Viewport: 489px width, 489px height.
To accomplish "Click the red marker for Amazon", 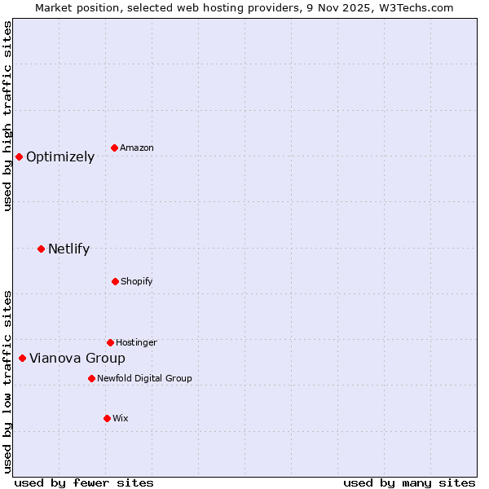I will [x=114, y=148].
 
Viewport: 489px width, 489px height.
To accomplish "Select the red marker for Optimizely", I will [x=19, y=156].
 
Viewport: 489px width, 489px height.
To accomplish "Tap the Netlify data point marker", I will [x=41, y=249].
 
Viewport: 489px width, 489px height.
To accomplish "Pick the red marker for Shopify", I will [x=115, y=281].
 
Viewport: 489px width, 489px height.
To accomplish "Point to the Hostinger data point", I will [x=110, y=342].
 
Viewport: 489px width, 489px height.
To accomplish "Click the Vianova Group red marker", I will [x=22, y=358].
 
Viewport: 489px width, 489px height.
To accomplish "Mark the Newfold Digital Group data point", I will [x=91, y=378].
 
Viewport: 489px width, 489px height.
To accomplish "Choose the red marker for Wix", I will [x=107, y=418].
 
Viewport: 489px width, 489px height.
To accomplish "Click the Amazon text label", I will [x=137, y=148].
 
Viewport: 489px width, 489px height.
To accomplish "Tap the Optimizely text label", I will [x=60, y=157].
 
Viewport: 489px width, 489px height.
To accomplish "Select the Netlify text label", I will [x=68, y=249].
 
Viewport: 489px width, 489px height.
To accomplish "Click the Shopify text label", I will [x=136, y=281].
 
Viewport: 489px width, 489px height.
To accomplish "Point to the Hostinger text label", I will [x=136, y=342].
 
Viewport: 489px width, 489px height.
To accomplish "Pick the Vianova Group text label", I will [x=77, y=359].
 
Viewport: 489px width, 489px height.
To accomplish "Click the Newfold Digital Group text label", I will [x=144, y=378].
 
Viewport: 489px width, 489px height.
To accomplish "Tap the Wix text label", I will [x=120, y=418].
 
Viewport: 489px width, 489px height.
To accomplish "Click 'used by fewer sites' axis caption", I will [x=83, y=482].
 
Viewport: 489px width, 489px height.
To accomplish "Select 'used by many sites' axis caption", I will [x=409, y=482].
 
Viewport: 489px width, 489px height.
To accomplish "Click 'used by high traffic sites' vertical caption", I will [x=7, y=116].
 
